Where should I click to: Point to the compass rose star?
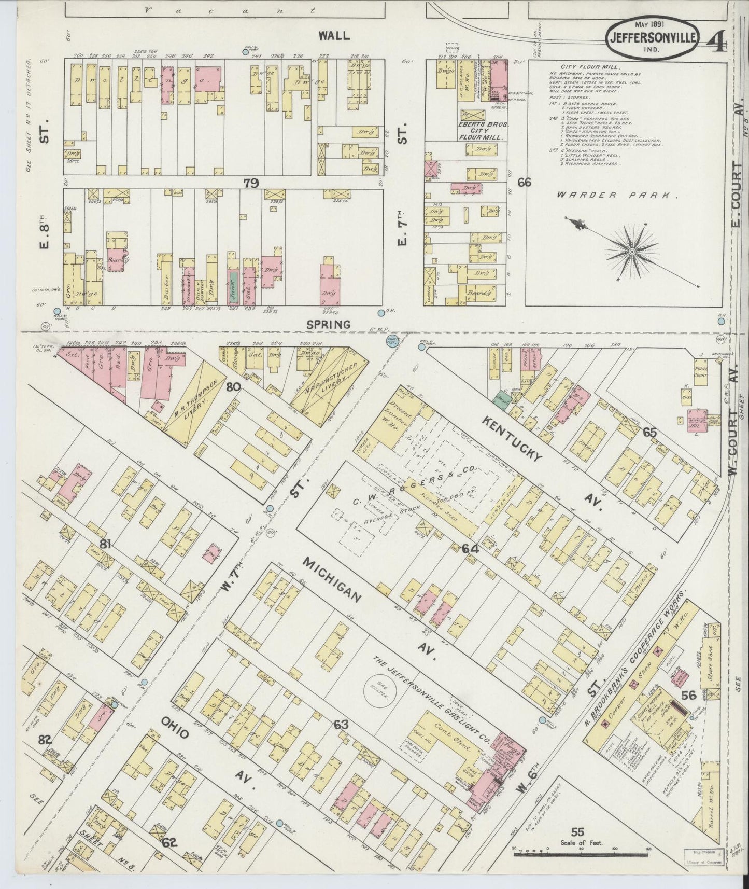point(632,252)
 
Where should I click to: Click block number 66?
point(524,182)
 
